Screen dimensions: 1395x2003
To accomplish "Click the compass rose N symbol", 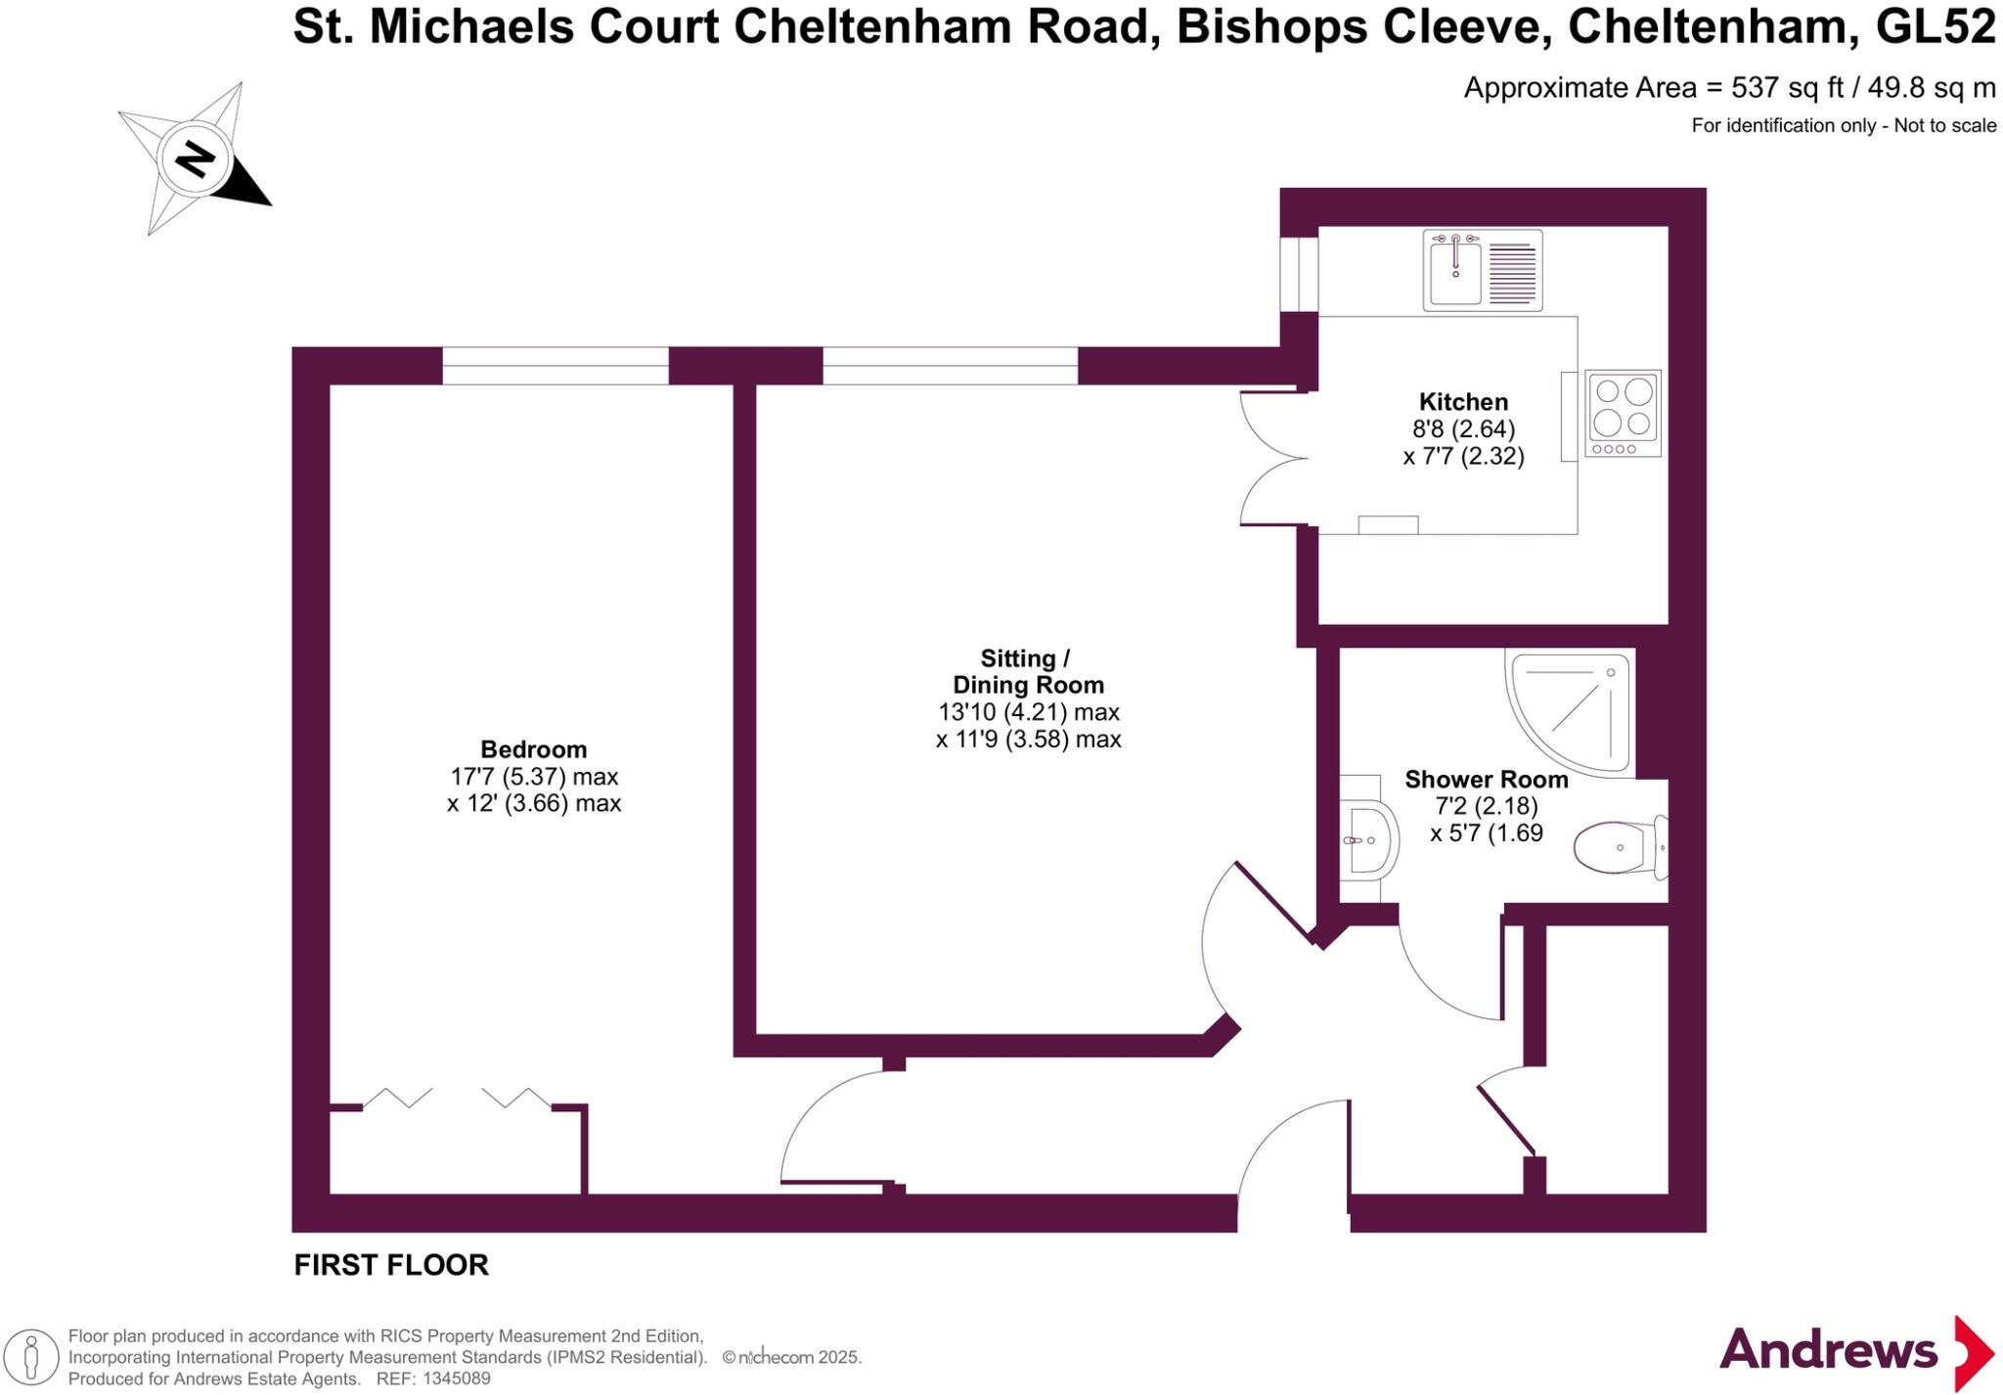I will pyautogui.click(x=195, y=158).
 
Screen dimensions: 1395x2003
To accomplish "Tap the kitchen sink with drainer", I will pyautogui.click(x=1482, y=270).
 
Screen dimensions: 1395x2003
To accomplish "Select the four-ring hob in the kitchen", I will pyautogui.click(x=1623, y=413).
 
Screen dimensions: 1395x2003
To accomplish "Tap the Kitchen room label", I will pyautogui.click(x=1463, y=402).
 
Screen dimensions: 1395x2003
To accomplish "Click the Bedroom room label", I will pyautogui.click(x=533, y=749).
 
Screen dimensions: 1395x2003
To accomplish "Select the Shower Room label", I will pyautogui.click(x=1486, y=780).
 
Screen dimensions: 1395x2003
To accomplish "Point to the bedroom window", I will pyautogui.click(x=556, y=366).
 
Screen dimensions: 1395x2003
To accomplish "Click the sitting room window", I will pyautogui.click(x=950, y=366).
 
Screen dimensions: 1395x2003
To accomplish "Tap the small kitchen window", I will pyautogui.click(x=1299, y=274).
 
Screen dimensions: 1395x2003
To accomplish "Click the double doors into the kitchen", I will pyautogui.click(x=1271, y=458).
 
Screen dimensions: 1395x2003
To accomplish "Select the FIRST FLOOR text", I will pyautogui.click(x=391, y=1265).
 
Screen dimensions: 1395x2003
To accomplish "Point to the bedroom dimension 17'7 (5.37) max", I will pyautogui.click(x=534, y=777).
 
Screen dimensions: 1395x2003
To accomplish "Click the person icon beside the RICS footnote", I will pyautogui.click(x=31, y=1358).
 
